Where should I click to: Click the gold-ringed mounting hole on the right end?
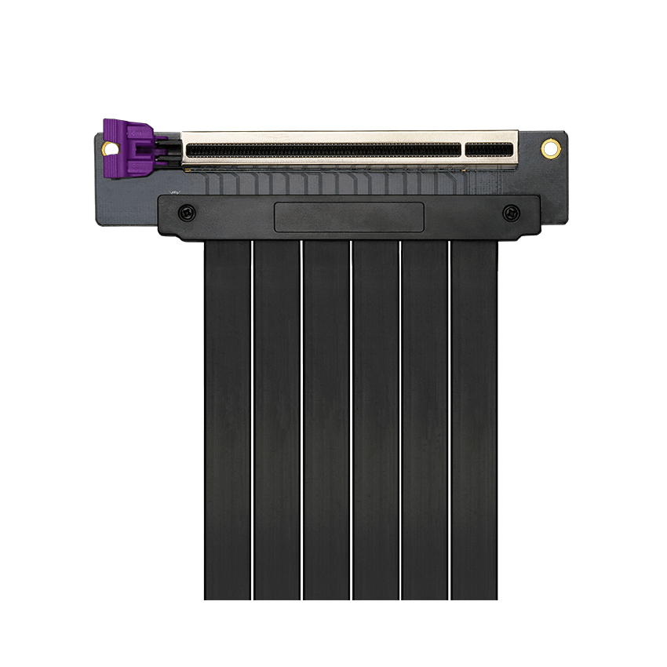coord(551,148)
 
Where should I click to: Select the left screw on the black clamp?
coord(186,212)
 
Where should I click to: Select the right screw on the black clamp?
coord(511,212)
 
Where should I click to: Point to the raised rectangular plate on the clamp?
coord(349,217)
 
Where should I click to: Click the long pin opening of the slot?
coord(323,149)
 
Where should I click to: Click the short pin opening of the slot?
coord(488,149)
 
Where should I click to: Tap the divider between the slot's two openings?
coord(463,149)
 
